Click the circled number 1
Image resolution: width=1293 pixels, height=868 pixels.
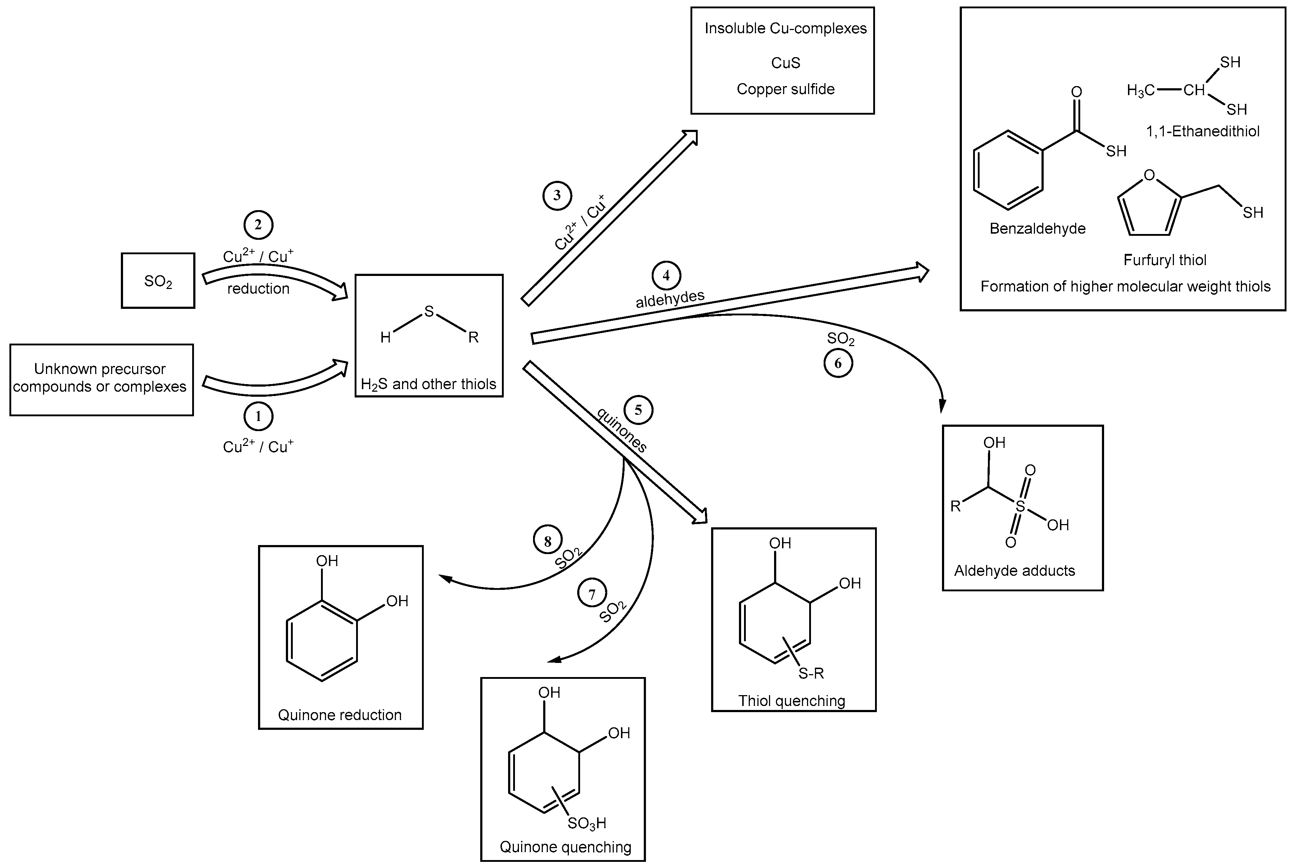pos(258,416)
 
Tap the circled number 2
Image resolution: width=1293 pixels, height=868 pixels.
pos(258,225)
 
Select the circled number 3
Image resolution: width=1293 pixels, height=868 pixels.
pos(557,195)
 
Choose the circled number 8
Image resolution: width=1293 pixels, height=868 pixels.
pos(548,540)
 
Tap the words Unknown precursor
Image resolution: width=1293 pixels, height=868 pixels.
pos(100,369)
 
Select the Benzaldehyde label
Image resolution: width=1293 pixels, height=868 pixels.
pos(1037,229)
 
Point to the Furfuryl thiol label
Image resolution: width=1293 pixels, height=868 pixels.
pos(1165,260)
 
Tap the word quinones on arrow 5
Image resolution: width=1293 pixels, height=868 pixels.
pos(622,430)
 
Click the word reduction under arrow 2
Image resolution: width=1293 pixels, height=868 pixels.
pos(258,288)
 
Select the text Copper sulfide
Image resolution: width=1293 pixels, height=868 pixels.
pos(785,89)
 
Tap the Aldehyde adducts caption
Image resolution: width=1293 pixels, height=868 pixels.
pos(1014,571)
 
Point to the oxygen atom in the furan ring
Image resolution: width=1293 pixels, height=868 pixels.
pos(1149,175)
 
